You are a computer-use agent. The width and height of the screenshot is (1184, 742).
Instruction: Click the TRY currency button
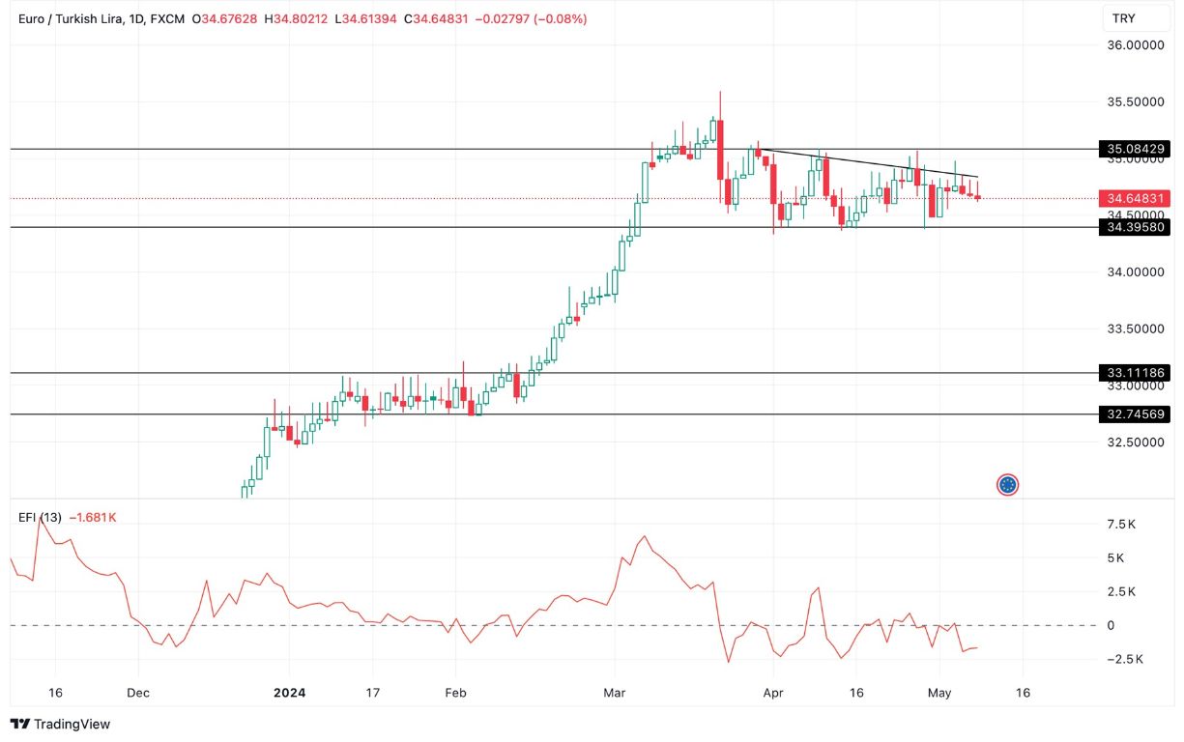pos(1124,18)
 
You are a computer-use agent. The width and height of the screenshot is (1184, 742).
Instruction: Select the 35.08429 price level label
pos(1135,149)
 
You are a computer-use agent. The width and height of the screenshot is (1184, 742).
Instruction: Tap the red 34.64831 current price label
pos(1135,198)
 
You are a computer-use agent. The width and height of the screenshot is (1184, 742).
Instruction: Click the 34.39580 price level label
pos(1135,227)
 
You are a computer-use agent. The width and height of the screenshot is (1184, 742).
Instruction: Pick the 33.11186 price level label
pos(1135,372)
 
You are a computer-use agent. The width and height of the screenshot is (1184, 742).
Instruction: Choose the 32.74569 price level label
pos(1135,414)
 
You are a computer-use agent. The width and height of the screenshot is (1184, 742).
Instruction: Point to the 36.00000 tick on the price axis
pos(1134,45)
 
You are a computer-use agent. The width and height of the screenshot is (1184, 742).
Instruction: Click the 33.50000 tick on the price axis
pos(1134,328)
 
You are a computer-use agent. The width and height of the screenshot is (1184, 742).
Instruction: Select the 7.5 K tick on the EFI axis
pos(1121,525)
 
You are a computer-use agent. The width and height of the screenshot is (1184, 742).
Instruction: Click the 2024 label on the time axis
pos(289,693)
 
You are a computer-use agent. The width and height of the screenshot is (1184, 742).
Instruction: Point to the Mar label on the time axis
pos(613,693)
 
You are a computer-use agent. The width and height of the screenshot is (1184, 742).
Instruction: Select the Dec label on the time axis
pos(138,693)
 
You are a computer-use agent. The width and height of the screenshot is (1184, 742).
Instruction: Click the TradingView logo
pos(60,724)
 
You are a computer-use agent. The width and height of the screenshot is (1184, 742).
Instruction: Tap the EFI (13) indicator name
pos(40,517)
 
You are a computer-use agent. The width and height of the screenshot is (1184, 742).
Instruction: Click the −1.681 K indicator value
pos(93,517)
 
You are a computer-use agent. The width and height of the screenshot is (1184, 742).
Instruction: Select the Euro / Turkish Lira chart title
pos(70,18)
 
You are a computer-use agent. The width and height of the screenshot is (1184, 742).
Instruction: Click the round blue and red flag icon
pos(1008,484)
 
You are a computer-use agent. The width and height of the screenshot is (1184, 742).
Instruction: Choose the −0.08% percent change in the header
pos(558,18)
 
